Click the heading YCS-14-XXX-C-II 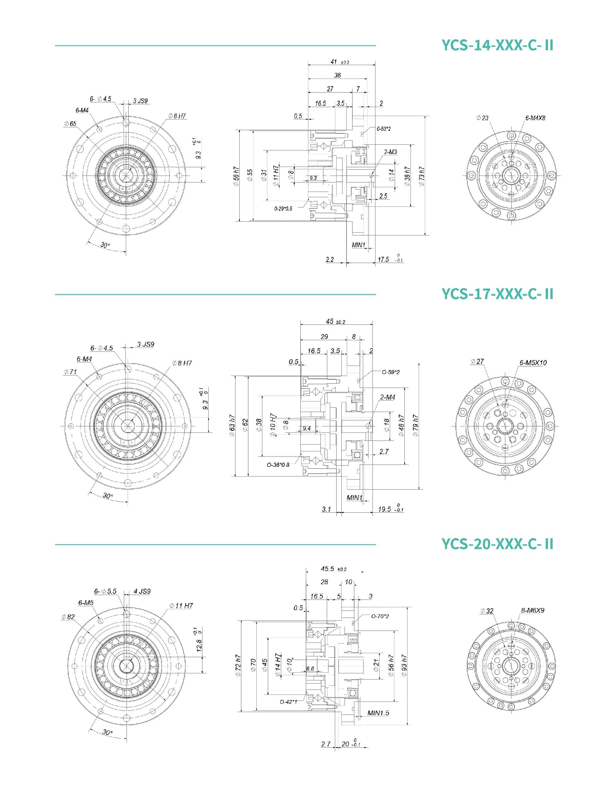point(498,46)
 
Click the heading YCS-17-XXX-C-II point(498,294)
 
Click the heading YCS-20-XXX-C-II point(498,543)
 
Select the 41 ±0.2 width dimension point(339,62)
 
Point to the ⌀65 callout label point(70,124)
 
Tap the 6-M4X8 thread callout point(535,118)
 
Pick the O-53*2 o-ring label point(383,129)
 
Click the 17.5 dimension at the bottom point(390,259)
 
